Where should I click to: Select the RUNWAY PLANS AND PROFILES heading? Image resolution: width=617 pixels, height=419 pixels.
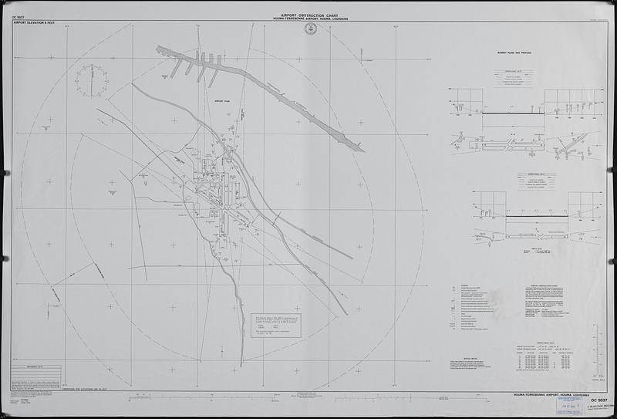[515, 55]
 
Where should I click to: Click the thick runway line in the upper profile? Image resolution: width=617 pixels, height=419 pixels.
[513, 115]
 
